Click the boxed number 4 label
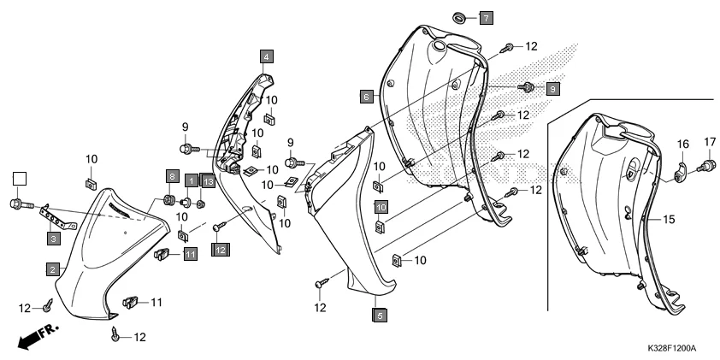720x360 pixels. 267,56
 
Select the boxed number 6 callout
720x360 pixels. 365,97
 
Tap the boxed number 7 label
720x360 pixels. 485,17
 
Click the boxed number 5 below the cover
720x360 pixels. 380,315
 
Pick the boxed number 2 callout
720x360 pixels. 53,269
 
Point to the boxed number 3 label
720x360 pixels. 53,239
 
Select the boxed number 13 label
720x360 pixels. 208,181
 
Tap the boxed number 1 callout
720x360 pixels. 191,181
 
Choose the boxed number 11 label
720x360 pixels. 189,253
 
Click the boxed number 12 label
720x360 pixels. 220,249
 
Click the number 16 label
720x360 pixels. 684,144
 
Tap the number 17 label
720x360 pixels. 710,141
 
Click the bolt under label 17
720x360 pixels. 709,164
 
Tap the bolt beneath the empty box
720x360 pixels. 19,204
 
